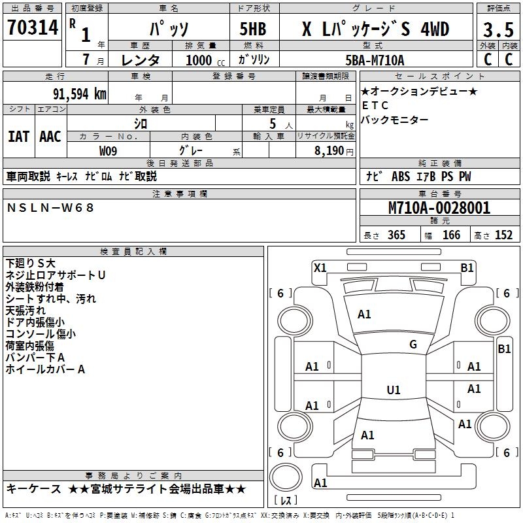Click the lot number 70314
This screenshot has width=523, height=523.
[33, 28]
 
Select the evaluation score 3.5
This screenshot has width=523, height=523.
[498, 29]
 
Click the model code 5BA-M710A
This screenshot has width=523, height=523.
[375, 60]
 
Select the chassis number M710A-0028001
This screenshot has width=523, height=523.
[439, 209]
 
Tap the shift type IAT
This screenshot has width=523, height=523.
[18, 137]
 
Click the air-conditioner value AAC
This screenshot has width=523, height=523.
[50, 137]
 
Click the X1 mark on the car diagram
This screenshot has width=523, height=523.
[320, 267]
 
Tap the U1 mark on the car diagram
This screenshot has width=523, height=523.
[394, 390]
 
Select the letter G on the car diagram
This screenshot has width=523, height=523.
[413, 345]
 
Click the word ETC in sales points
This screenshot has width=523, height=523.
[375, 105]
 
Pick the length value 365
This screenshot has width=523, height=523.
[396, 235]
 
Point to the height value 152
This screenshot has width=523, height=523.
[503, 235]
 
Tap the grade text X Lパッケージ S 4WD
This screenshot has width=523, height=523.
[375, 29]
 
